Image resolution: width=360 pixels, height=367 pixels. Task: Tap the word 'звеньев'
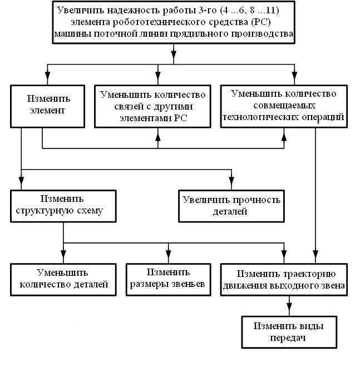coord(186,284)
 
